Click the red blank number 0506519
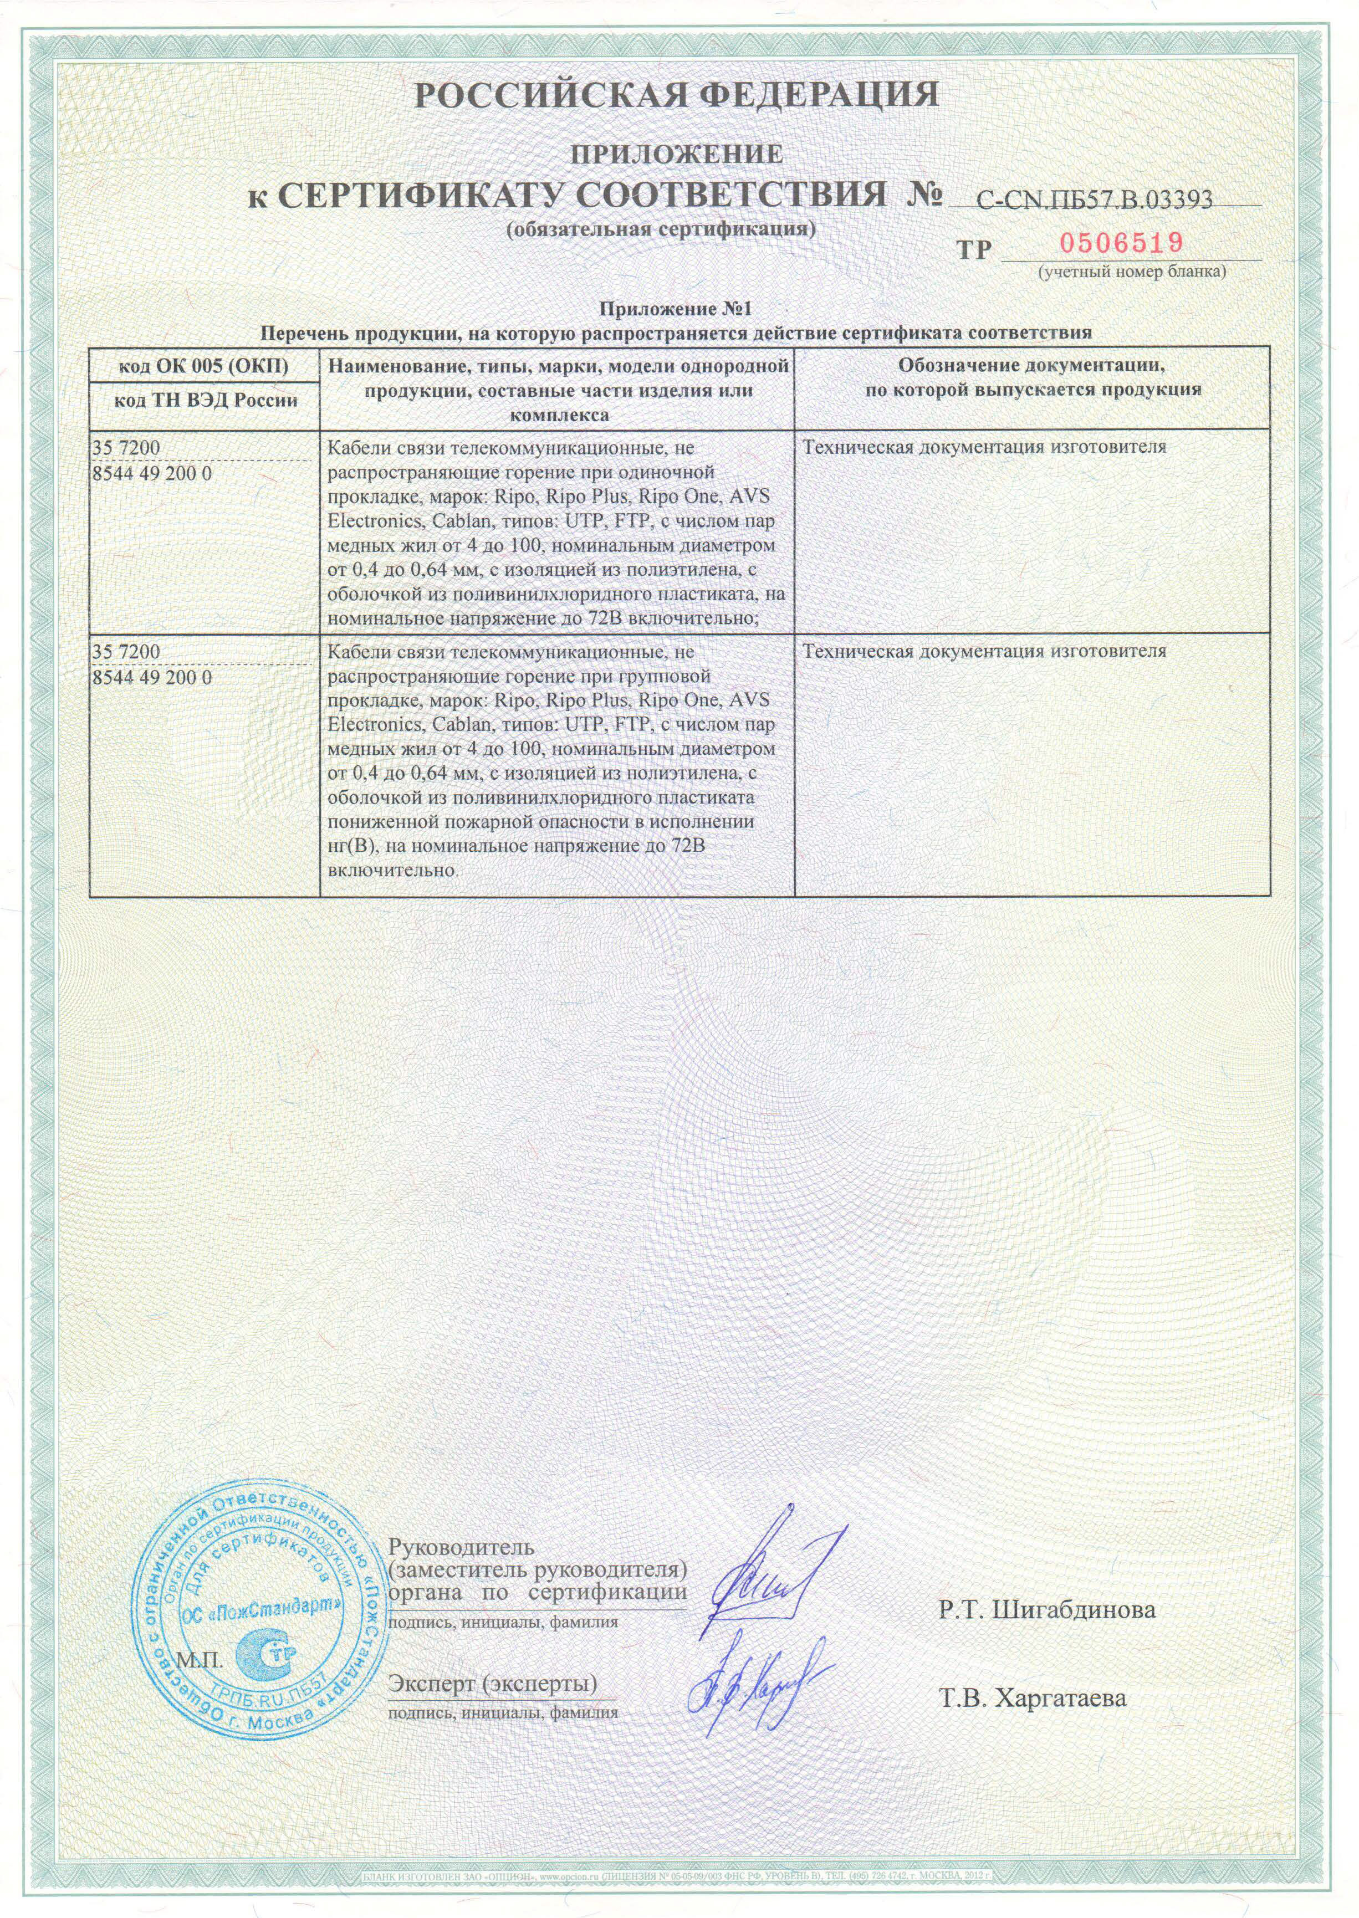pyautogui.click(x=1121, y=243)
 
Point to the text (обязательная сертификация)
pyautogui.click(x=661, y=228)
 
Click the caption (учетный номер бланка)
pyautogui.click(x=1131, y=272)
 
